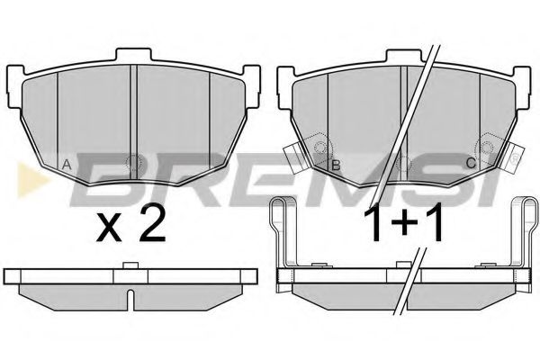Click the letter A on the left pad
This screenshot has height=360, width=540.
tap(67, 165)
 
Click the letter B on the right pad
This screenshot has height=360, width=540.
tap(336, 166)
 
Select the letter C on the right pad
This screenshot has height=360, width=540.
tap(471, 163)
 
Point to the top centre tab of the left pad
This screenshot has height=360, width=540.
tap(133, 55)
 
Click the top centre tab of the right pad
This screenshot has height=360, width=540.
tap(404, 56)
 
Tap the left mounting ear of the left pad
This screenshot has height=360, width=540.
tap(14, 86)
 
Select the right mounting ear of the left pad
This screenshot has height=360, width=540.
tap(252, 86)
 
